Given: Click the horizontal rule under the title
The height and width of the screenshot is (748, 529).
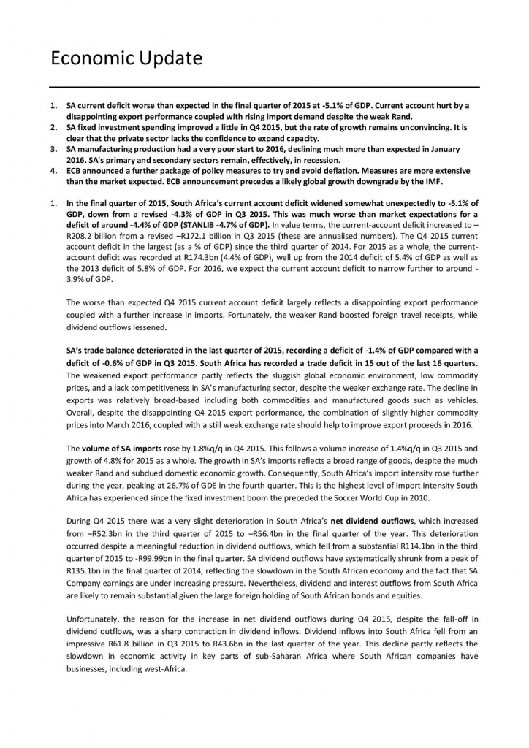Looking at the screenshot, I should (x=264, y=88).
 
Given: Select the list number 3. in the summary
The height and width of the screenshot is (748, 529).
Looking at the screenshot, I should (x=53, y=149).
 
